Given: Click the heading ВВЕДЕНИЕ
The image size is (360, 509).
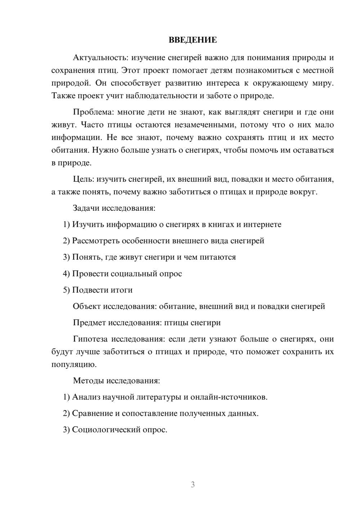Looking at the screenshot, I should pyautogui.click(x=193, y=40).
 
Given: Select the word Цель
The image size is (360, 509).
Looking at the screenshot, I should pyautogui.click(x=84, y=179).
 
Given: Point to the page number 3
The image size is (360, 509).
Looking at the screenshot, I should pyautogui.click(x=193, y=485).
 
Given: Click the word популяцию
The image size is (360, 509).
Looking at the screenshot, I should pyautogui.click(x=69, y=364).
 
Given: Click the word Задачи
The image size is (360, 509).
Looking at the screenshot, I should pyautogui.click(x=86, y=208).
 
